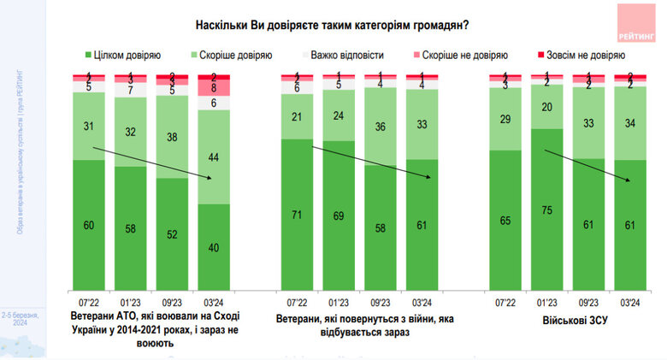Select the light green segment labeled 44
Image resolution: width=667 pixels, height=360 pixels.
tap(215, 157)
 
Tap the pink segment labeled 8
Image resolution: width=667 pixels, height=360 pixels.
tap(215, 87)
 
